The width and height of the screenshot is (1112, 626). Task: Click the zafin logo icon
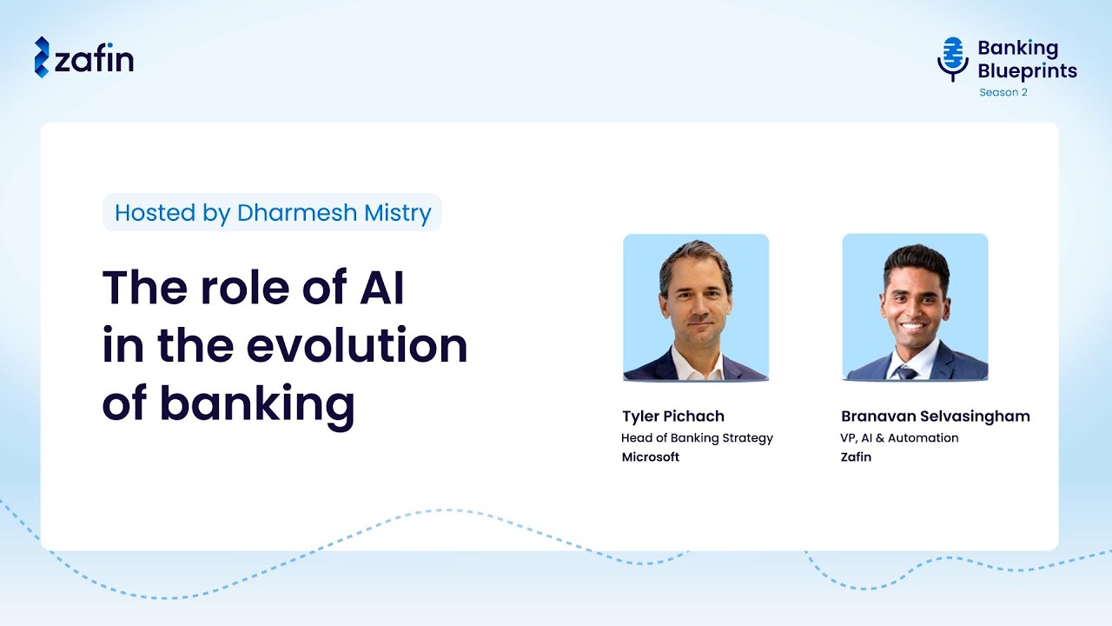pos(42,57)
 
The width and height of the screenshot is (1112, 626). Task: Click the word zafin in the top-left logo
pos(95,59)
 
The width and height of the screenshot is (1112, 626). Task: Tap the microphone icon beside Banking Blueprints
pos(953,58)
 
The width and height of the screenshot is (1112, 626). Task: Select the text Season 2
pos(1003,92)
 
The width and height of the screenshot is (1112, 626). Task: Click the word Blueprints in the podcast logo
pos(1027,70)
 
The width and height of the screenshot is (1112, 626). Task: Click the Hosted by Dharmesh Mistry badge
pos(272,213)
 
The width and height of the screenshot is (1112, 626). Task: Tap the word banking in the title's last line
pos(257,404)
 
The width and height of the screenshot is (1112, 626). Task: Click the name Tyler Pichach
pos(672,416)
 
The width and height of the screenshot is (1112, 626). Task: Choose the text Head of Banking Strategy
pos(697,438)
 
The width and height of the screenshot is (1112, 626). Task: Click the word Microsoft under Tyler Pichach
pos(650,457)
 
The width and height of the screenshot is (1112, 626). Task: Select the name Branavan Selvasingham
pos(935,416)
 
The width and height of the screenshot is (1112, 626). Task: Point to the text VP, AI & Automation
pos(899,438)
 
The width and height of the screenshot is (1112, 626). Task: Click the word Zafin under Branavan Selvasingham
pos(856,457)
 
